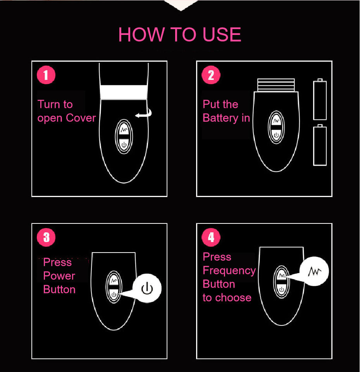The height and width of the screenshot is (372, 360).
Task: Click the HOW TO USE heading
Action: tap(180, 35)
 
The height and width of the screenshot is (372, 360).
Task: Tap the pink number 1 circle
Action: tap(46, 75)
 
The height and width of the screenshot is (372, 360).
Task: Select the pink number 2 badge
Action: tap(211, 75)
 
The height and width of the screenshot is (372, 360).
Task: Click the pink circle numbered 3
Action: tap(46, 237)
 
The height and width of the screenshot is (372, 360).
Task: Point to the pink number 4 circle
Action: tap(211, 237)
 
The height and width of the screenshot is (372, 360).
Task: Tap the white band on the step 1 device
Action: tap(123, 92)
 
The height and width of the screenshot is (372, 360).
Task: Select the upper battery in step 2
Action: tap(320, 100)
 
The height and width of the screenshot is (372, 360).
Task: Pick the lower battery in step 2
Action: tap(320, 145)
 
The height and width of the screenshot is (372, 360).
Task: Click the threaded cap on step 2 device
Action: tap(276, 85)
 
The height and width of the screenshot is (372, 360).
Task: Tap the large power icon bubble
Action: tap(146, 289)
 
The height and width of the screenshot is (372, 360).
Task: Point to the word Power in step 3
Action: tap(59, 276)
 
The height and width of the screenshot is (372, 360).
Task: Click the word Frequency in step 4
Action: tap(229, 270)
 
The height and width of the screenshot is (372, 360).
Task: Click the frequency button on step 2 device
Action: tap(276, 121)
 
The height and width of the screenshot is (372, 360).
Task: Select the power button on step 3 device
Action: tap(114, 294)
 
